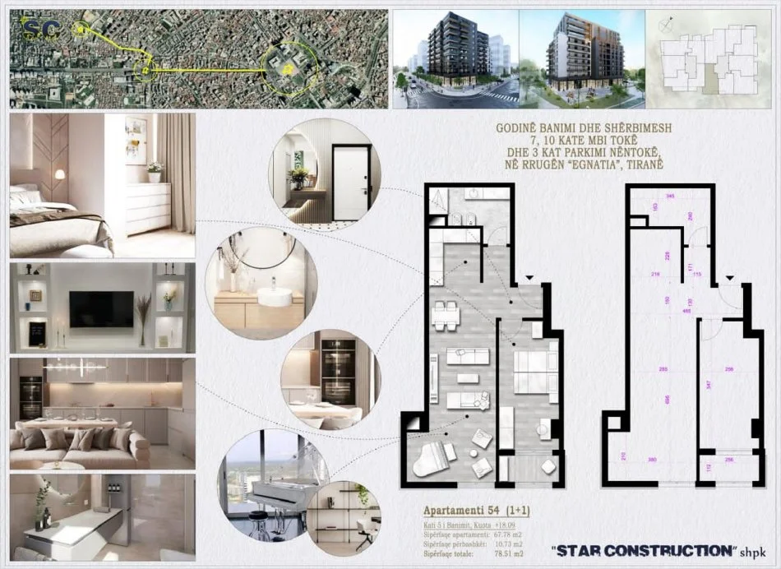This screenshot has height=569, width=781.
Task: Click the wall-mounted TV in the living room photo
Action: [x=101, y=308]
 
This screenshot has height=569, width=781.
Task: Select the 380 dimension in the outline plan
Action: [x=651, y=460]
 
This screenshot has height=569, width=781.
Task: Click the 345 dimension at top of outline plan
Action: [x=670, y=197]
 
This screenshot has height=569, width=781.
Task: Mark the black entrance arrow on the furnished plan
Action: [x=530, y=280]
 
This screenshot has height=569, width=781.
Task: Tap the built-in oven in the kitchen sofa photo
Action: [x=30, y=398]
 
